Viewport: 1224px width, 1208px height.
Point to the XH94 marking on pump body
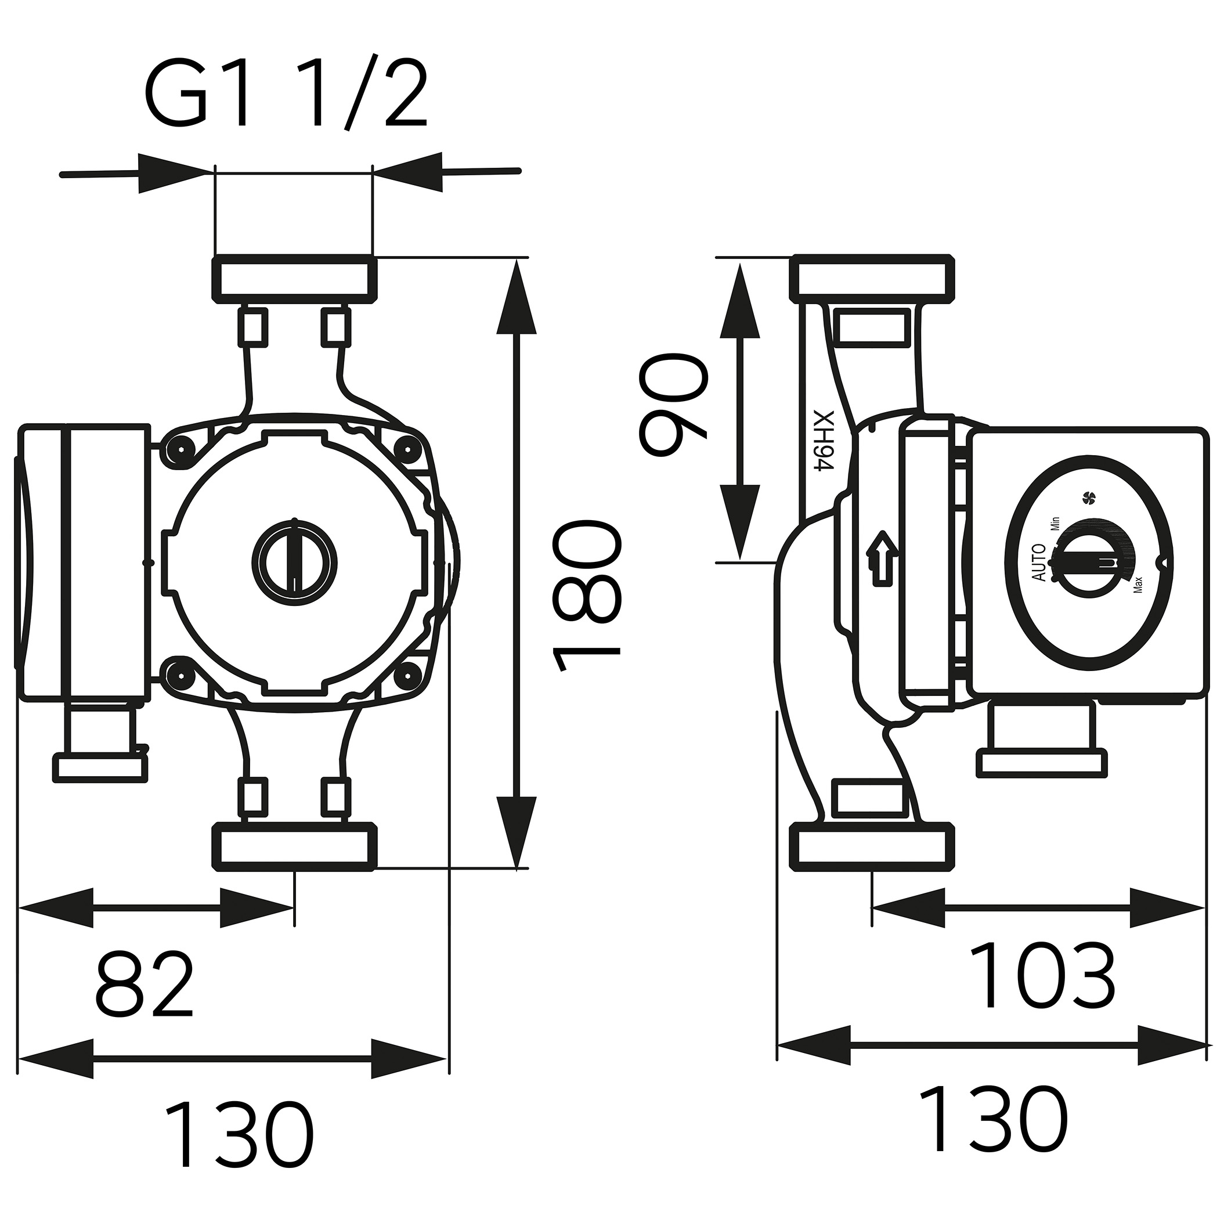click(x=823, y=442)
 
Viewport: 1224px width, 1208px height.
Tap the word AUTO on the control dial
click(x=1039, y=563)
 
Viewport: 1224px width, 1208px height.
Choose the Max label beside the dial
click(x=1138, y=584)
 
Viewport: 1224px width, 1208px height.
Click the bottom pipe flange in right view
click(x=872, y=848)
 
